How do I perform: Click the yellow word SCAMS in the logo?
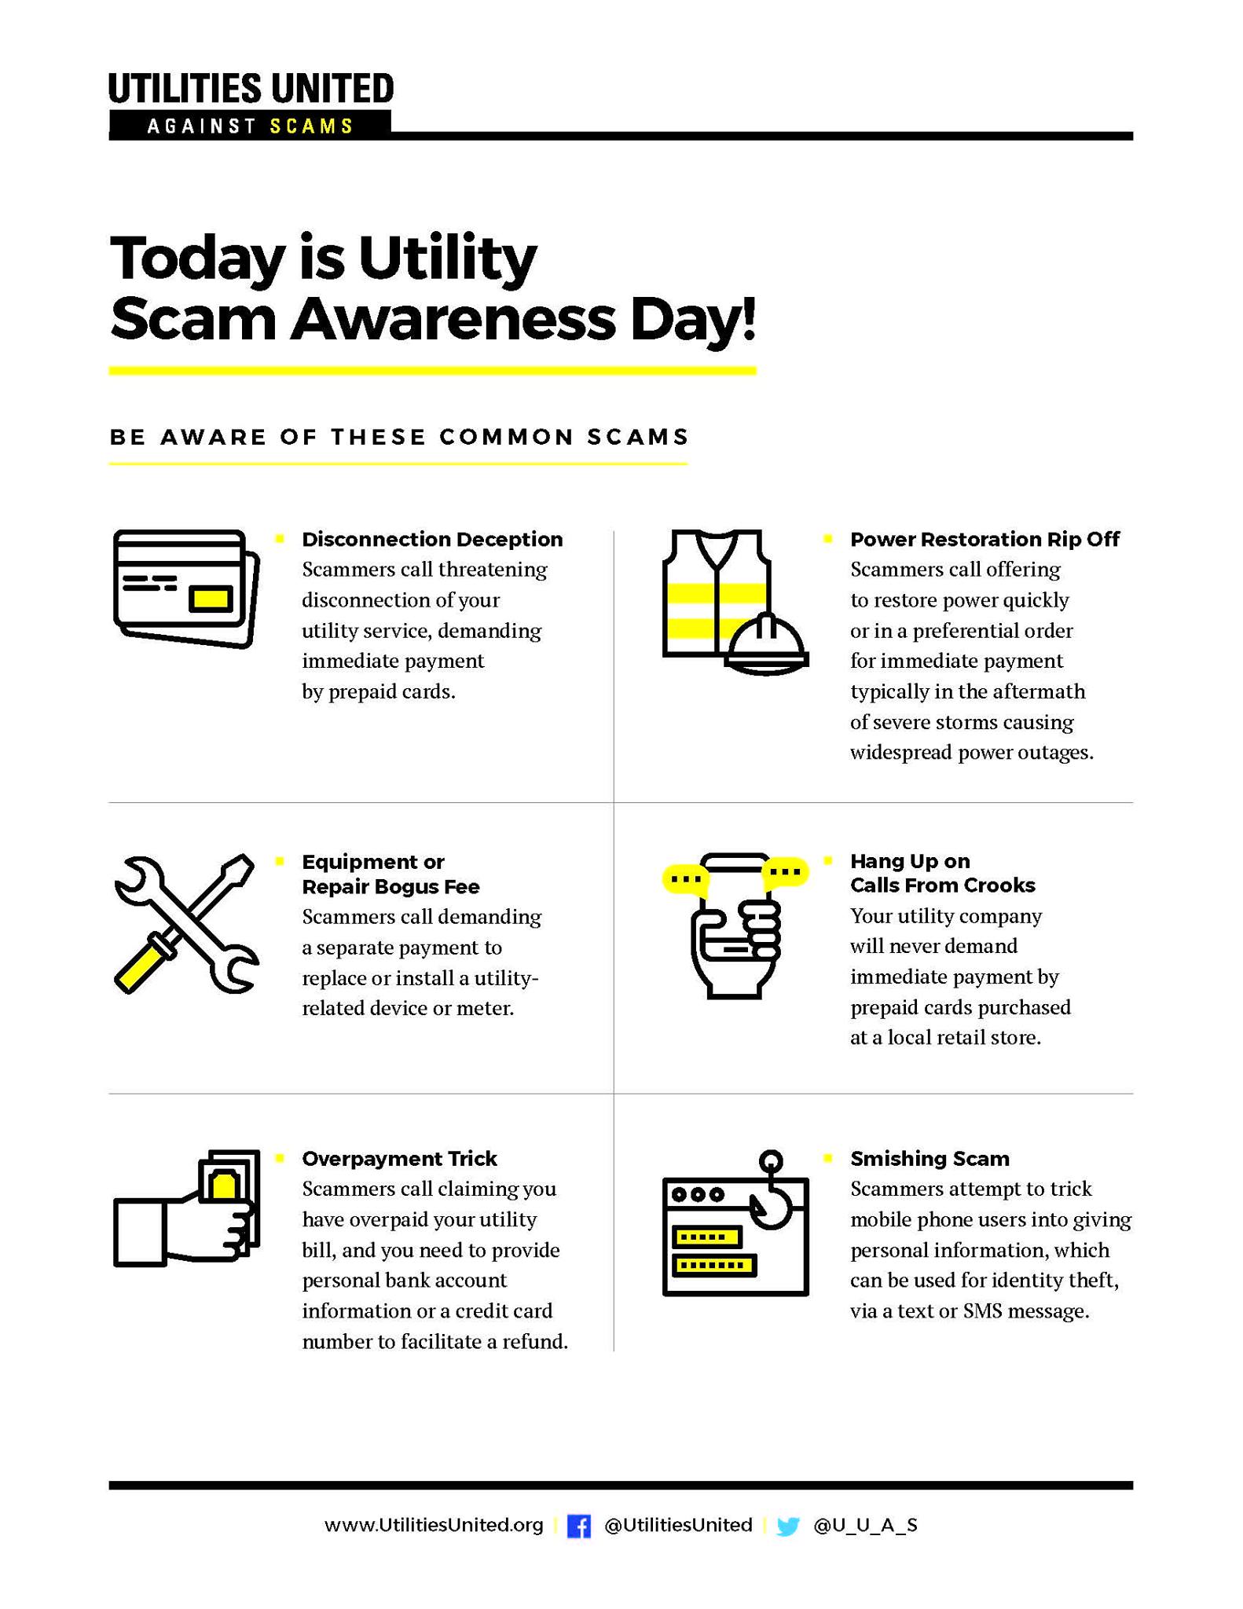311,126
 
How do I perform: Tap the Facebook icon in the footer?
578,1527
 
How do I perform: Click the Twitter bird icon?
787,1527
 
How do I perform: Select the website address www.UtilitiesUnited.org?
434,1526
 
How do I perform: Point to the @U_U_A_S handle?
865,1526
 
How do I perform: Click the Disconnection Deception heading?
432,539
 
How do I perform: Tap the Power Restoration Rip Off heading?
984,539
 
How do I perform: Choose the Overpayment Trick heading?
399,1159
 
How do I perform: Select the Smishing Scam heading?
929,1159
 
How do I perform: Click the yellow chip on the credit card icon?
211,599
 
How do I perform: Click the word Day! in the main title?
692,320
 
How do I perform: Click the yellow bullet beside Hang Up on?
828,861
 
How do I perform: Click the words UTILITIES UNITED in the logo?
251,88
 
